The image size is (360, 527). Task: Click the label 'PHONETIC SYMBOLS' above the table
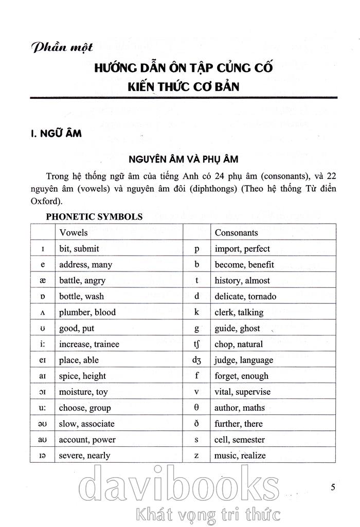coord(94,216)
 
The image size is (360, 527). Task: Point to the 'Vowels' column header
coord(74,232)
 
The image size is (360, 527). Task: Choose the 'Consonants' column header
coord(236,232)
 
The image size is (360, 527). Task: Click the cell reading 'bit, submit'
coord(79,248)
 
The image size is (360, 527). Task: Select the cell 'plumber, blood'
coord(87,312)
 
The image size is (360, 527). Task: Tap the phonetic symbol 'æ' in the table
coord(43,280)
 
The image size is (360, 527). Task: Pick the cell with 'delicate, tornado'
coord(245,296)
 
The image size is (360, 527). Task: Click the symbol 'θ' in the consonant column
coord(196,408)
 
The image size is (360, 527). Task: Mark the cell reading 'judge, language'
coord(244,360)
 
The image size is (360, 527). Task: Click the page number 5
coord(333,487)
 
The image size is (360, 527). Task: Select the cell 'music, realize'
coord(240,456)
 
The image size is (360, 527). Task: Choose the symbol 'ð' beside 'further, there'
coord(196,424)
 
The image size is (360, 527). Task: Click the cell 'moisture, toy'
coord(83,392)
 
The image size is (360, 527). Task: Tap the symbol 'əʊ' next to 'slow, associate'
coord(43,424)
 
